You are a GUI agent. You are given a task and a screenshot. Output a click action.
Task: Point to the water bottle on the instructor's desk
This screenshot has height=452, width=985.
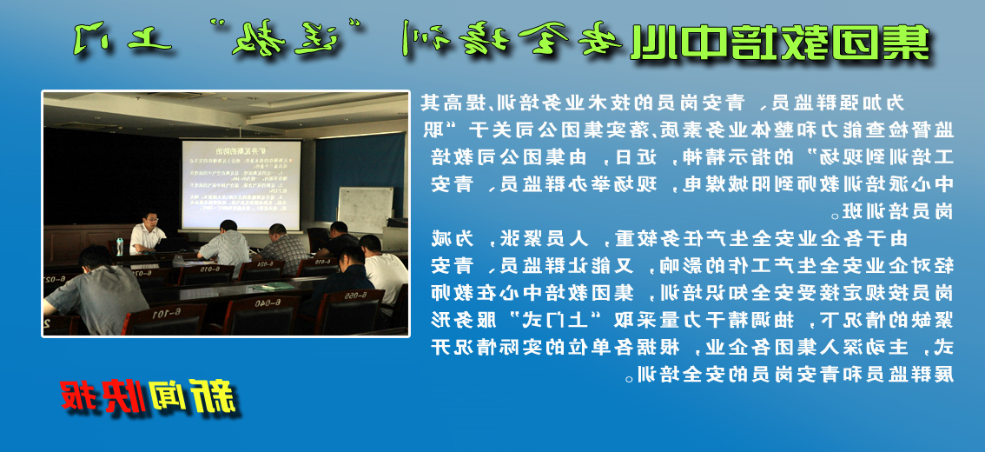120,246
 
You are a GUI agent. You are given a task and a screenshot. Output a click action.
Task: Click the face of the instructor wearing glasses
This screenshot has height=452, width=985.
149,219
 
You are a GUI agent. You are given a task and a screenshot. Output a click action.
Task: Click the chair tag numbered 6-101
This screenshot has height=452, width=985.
164,312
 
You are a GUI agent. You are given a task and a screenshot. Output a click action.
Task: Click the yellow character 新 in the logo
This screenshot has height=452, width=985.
214,395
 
